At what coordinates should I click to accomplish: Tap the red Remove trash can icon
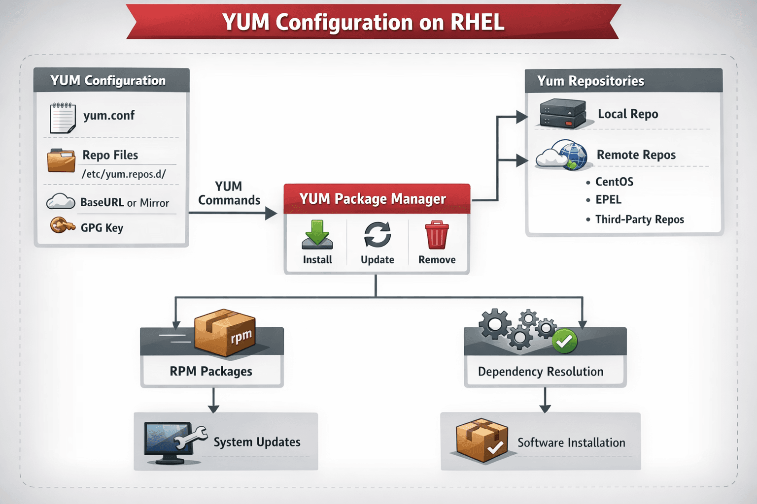click(437, 235)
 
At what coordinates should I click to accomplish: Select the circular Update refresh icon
click(378, 234)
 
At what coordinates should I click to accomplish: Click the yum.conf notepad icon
click(63, 118)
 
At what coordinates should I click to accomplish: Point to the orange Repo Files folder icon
click(61, 160)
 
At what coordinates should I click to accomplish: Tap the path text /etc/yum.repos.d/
click(124, 174)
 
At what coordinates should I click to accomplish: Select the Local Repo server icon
click(563, 114)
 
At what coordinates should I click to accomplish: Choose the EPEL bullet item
click(608, 200)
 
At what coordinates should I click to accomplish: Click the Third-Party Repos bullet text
click(639, 220)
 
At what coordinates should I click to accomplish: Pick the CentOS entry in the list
click(614, 182)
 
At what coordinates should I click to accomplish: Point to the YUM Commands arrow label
click(229, 193)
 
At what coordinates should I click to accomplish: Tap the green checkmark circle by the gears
click(564, 341)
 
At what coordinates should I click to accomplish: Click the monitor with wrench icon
click(172, 442)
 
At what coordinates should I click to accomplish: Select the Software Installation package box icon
click(482, 441)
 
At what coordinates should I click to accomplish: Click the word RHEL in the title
click(477, 22)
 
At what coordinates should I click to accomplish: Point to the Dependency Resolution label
click(540, 372)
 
